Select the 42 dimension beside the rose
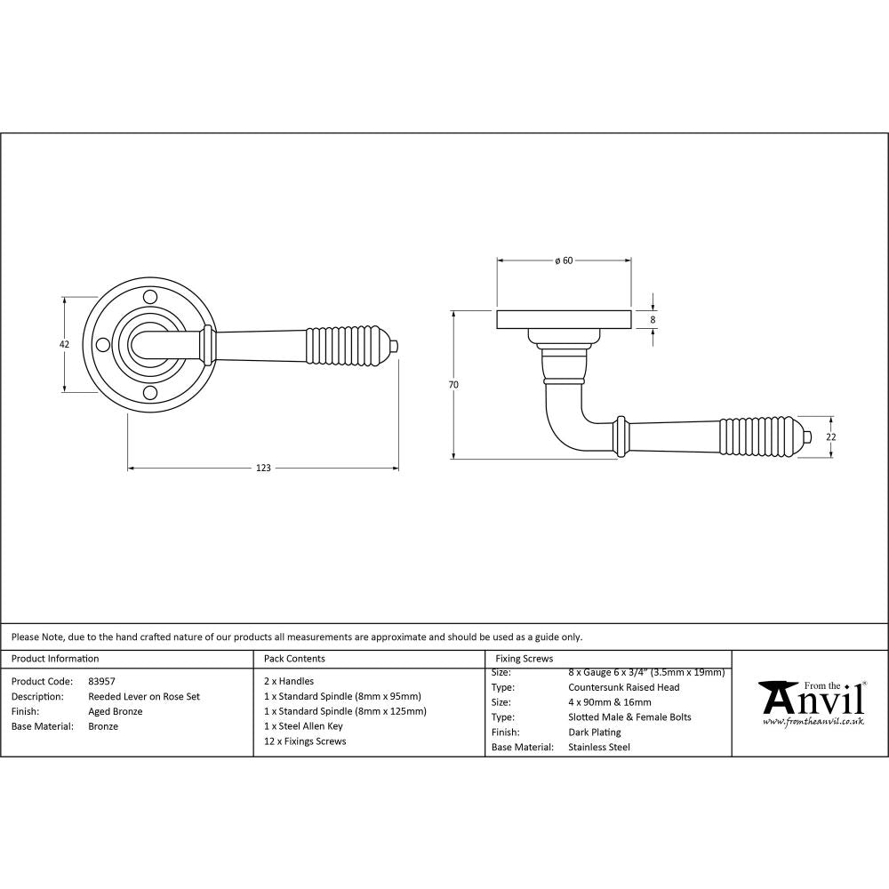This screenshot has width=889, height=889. [64, 344]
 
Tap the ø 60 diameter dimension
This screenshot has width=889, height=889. [563, 260]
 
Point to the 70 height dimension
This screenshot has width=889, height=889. [453, 385]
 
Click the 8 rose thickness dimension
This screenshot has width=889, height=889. [653, 319]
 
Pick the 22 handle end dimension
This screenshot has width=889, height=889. [832, 436]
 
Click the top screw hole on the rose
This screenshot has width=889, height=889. [150, 295]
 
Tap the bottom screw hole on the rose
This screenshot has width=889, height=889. [150, 394]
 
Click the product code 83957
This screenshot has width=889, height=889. [101, 682]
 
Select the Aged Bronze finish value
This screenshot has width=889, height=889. [116, 711]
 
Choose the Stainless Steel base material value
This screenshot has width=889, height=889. [598, 748]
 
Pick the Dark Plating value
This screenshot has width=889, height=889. [594, 733]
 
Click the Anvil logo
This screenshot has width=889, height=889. [810, 703]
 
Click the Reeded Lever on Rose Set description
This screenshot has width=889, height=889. [144, 697]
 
